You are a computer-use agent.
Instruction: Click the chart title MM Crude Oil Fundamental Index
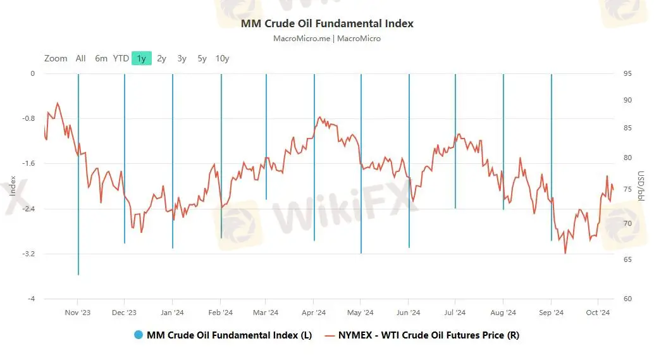[x=327, y=23]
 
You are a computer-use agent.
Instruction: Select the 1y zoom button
[x=141, y=58]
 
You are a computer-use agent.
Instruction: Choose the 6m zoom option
[x=101, y=58]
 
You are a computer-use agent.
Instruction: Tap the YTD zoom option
[x=121, y=58]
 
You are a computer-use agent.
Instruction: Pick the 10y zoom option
[x=222, y=58]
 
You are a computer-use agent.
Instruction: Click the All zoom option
[x=80, y=58]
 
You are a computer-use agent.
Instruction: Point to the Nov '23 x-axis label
[x=78, y=312]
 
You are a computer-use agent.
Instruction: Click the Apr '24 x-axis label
[x=314, y=312]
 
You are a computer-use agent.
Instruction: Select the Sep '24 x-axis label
[x=551, y=312]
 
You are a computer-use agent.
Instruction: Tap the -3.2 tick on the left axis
[x=28, y=254]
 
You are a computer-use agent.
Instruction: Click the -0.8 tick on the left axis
[x=28, y=118]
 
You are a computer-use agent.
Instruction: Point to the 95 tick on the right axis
[x=627, y=73]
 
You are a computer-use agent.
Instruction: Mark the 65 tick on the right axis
[x=627, y=259]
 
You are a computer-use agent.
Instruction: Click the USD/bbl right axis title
[x=640, y=186]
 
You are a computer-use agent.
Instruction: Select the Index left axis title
[x=13, y=186]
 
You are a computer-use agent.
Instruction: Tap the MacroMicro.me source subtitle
[x=327, y=38]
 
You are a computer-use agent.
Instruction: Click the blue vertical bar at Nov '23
[x=78, y=190]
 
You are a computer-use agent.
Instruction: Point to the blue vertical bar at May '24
[x=361, y=190]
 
